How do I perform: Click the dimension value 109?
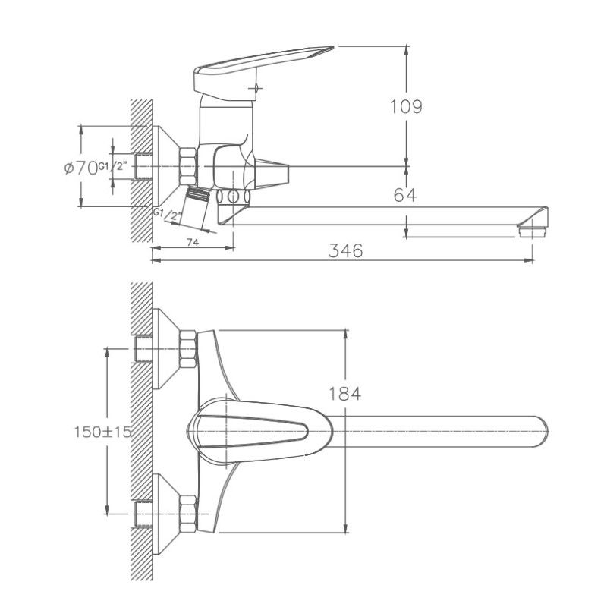pos(406,106)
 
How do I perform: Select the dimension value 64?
pos(405,195)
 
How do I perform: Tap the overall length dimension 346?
pos(346,250)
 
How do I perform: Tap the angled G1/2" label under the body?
pos(168,215)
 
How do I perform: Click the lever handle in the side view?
pos(258,64)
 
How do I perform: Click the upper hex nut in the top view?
pos(187,350)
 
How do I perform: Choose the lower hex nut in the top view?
pos(187,513)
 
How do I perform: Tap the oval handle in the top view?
pos(250,430)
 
